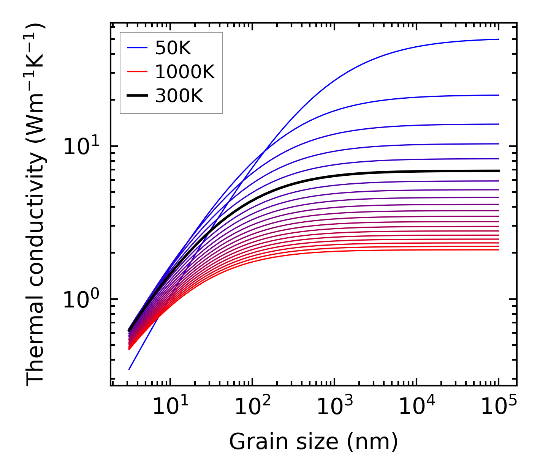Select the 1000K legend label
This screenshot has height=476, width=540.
[x=185, y=72]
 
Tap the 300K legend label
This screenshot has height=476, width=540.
[x=179, y=96]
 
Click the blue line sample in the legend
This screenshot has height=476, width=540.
[x=137, y=48]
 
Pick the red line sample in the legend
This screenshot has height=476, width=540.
[x=137, y=72]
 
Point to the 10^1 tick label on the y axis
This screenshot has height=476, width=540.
[x=80, y=146]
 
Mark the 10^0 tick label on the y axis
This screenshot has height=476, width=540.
[x=80, y=299]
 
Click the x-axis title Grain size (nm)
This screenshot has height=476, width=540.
[x=314, y=442]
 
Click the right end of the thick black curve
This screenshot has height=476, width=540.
[x=498, y=171]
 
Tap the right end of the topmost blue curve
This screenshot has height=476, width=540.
[x=498, y=39]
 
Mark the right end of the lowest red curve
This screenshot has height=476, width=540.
[x=498, y=249]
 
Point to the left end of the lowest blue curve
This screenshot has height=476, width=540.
[x=129, y=369]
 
